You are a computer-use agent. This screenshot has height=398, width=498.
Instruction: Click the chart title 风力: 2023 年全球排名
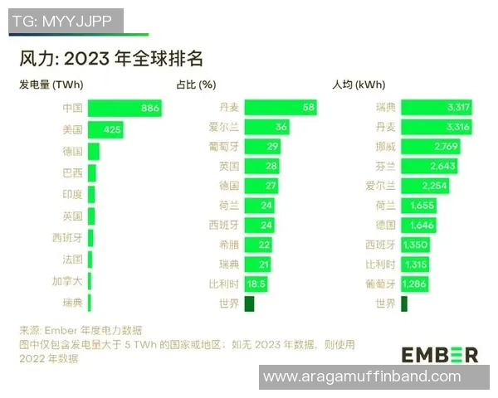pos(111,60)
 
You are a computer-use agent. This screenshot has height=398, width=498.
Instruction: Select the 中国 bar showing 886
pos(124,109)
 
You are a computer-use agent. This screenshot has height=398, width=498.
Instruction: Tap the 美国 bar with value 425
pos(105,130)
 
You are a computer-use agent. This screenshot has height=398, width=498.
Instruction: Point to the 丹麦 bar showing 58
pos(281,108)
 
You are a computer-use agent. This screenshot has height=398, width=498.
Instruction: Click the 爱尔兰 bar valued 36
pos(266,127)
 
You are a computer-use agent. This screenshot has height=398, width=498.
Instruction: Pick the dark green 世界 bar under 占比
pos(249,304)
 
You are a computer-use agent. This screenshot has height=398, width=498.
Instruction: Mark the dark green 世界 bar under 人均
pos(404,304)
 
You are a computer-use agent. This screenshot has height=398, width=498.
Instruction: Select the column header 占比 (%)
pos(197,85)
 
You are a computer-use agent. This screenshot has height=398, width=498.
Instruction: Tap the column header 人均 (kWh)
pos(359,85)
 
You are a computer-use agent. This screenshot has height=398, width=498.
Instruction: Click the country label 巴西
pos(73,173)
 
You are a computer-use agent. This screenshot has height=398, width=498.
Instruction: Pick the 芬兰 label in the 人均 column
pos(384,167)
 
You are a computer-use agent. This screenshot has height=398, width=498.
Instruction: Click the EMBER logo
pos(440,354)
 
